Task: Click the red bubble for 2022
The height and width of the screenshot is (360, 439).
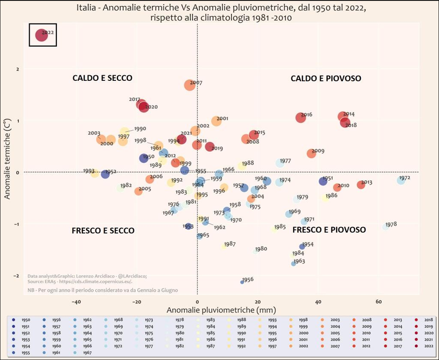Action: [41, 35]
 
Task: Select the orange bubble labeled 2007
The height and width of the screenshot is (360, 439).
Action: [189, 85]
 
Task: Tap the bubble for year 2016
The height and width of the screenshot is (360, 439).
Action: [300, 118]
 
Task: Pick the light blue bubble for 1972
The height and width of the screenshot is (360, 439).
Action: [401, 180]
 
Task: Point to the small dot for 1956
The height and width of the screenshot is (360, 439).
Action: [242, 282]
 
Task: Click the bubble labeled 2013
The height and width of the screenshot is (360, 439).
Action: [361, 185]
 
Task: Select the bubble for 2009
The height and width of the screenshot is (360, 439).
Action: [311, 154]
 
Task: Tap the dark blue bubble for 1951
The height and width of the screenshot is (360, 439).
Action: [323, 181]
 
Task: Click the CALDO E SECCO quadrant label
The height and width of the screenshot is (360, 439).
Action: [102, 78]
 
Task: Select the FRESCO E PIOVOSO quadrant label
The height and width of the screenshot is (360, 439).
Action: [329, 229]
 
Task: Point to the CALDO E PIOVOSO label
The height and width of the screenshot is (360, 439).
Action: [326, 78]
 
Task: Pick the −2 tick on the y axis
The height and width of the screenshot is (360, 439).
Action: [17, 276]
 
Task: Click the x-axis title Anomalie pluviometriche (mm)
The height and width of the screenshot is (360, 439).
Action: [221, 310]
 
